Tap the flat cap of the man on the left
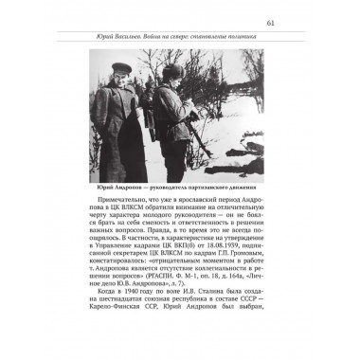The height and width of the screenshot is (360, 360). [x=120, y=68]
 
